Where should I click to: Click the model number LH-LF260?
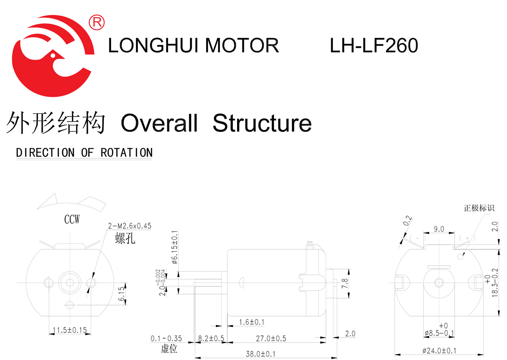pos(374,46)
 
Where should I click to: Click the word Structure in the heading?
pos(262,123)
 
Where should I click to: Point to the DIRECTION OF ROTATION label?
pos(84,153)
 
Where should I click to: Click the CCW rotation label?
pos(72,220)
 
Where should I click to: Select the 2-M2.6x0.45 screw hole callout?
pos(130,226)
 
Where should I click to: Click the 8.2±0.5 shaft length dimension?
pos(211,339)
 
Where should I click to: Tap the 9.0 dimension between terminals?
pos(439,229)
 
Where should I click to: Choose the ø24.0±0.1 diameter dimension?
pos(439,351)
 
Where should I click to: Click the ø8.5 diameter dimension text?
pos(439,333)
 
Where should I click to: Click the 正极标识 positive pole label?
pos(479,208)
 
